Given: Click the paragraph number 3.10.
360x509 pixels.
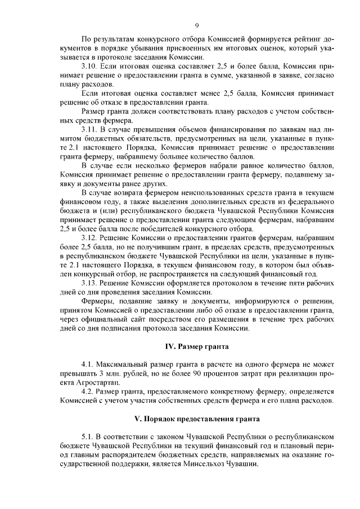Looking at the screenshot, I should pyautogui.click(x=90, y=66).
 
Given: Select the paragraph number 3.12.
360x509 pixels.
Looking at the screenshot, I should pyautogui.click(x=90, y=238).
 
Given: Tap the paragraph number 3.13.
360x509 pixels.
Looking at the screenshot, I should pyautogui.click(x=90, y=283).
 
